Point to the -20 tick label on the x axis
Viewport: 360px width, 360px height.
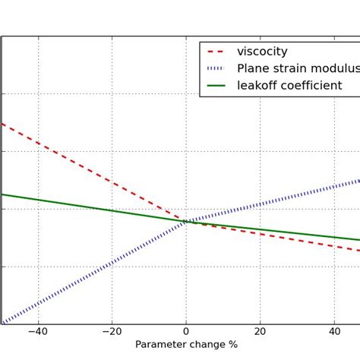click(x=111, y=331)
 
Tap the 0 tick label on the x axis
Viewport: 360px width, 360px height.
click(x=186, y=331)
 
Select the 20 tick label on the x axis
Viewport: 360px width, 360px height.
click(x=260, y=331)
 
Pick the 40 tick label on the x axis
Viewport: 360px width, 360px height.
click(x=334, y=331)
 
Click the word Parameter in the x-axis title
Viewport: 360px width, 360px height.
click(x=161, y=345)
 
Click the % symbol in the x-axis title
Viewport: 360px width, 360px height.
click(x=233, y=345)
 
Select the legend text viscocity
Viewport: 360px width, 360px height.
click(x=262, y=52)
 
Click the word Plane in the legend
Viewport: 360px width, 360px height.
click(x=254, y=69)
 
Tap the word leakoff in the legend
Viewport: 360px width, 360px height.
click(x=259, y=86)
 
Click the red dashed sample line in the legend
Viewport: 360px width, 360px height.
click(x=216, y=52)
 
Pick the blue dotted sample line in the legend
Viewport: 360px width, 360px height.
click(x=216, y=69)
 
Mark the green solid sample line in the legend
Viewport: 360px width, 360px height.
click(x=216, y=86)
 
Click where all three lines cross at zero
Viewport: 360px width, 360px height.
click(x=186, y=222)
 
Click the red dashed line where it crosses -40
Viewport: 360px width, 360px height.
click(x=37, y=143)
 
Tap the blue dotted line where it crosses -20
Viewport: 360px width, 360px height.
click(x=112, y=263)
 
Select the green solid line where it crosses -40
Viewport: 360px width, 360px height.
click(x=37, y=200)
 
